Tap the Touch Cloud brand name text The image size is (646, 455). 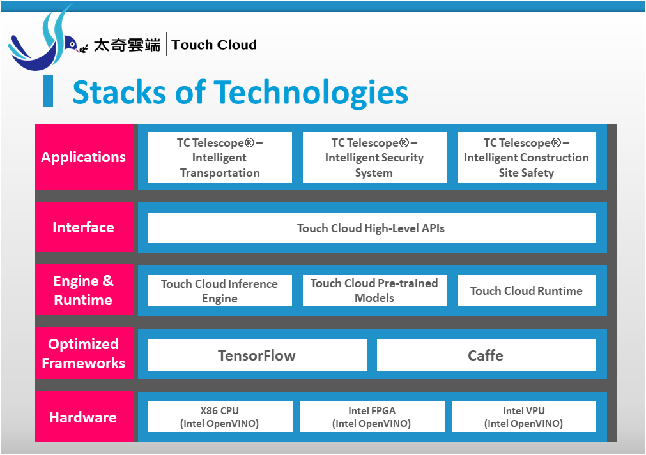pos(214,45)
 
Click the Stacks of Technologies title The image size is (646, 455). pos(240,92)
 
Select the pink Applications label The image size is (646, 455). pos(84,157)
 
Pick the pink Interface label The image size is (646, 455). pos(84,227)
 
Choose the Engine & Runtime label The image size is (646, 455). pos(84,290)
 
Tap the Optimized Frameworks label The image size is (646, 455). pos(84,354)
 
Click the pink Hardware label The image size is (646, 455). pos(84,417)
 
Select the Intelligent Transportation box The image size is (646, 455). pos(220,158)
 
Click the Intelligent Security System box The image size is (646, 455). pos(374,158)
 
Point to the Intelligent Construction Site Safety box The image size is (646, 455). pos(527,158)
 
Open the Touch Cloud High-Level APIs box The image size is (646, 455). pos(372,228)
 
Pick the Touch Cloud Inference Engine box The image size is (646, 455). pos(220,291)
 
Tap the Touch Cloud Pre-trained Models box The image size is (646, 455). pos(374,290)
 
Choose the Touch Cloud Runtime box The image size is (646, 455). pos(527,290)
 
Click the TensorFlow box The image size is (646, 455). pos(258,355)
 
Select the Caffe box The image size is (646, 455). pos(486,355)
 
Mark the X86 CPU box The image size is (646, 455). pos(220,417)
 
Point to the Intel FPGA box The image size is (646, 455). pos(372,417)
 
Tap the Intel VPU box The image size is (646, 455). pos(524,417)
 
